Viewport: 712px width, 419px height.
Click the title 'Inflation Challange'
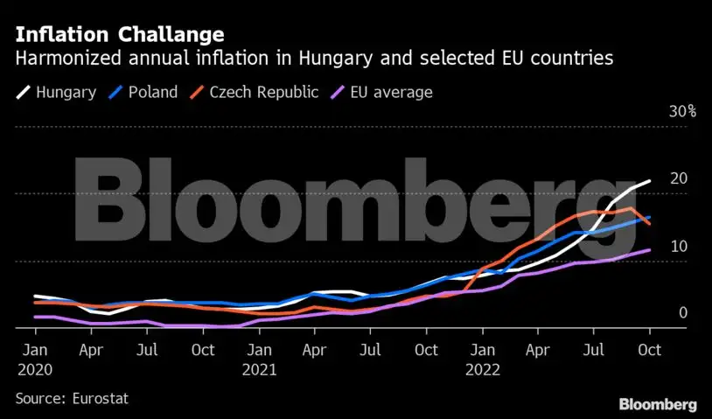click(119, 35)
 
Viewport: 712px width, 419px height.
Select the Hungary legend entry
click(57, 92)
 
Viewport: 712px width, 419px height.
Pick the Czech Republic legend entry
click(255, 92)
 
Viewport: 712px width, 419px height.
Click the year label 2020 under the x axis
click(34, 369)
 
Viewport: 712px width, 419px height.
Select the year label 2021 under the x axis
click(258, 369)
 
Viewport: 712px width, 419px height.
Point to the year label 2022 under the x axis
click(482, 369)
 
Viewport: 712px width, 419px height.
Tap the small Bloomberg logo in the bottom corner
click(657, 404)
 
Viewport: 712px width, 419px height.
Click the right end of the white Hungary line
click(649, 181)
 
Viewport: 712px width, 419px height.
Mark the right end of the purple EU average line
click(649, 250)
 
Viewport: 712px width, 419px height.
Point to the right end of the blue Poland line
click(649, 218)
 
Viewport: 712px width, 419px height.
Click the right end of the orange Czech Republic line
click(649, 224)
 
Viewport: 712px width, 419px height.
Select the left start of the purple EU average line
click(35, 317)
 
